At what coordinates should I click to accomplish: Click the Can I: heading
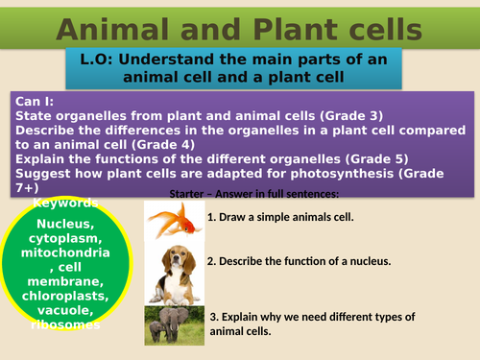coord(35,100)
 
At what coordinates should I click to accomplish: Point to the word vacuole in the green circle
coord(63,311)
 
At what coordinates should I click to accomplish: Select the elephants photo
coord(173,325)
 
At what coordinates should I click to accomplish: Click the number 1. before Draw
coord(211,217)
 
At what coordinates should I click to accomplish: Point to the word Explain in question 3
coord(244,317)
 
